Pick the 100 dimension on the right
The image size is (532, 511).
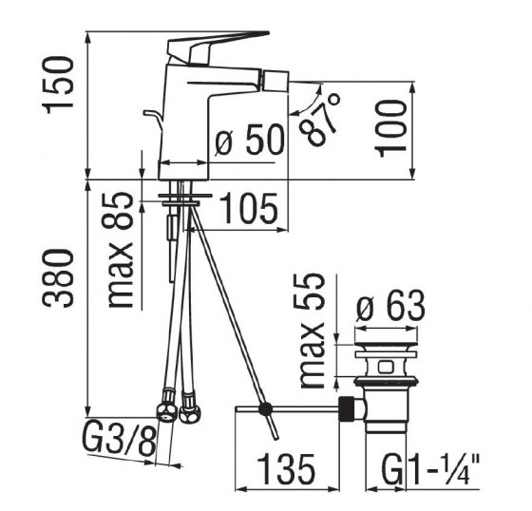392,126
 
